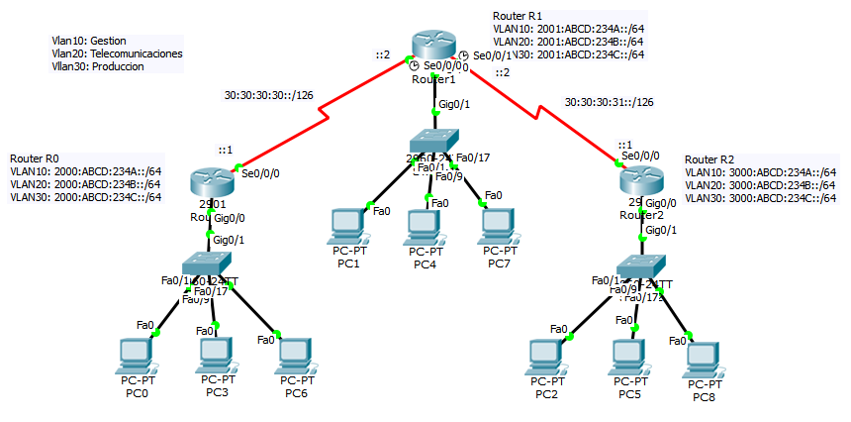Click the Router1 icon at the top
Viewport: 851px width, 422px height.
click(x=433, y=46)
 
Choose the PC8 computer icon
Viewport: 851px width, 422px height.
click(x=703, y=358)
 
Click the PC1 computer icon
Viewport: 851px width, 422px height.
click(x=347, y=224)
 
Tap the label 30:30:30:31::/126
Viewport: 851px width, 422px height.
click(x=609, y=101)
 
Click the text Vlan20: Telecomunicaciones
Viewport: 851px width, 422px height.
click(x=117, y=53)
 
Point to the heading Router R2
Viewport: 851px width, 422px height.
click(x=709, y=158)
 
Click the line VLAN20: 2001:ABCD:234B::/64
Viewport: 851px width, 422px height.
click(x=568, y=42)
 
